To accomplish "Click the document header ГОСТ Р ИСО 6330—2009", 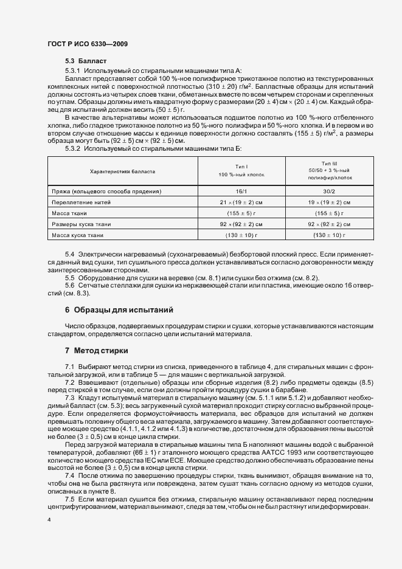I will coord(87,44).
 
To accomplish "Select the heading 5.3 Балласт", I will coord(86,61).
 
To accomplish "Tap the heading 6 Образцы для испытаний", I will coord(119,309).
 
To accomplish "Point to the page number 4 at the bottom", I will coord(49,520).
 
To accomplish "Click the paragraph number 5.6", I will coord(69,285).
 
